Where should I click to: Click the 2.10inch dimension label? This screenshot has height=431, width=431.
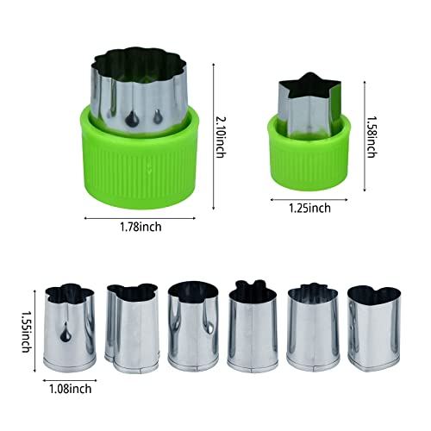221,137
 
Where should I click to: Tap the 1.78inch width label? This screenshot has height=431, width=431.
141,227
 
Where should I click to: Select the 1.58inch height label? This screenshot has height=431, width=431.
372,137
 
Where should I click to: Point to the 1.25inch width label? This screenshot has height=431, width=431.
309,208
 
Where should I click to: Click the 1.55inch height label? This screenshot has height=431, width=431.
26,331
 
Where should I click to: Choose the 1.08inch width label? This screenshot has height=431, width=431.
71,389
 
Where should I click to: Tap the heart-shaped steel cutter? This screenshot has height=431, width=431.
374,328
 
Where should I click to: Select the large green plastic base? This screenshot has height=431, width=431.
140,158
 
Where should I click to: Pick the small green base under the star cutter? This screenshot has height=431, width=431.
309,155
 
